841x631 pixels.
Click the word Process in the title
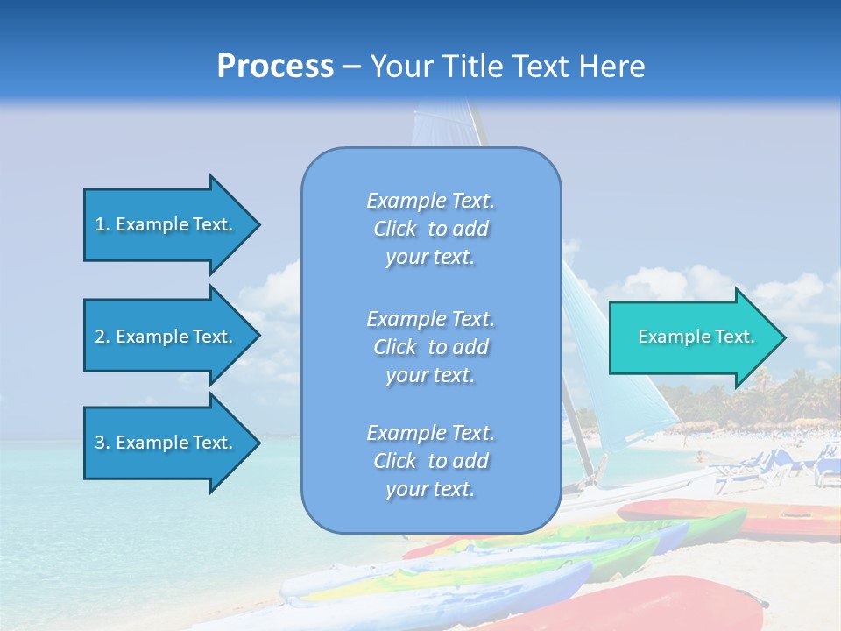pyautogui.click(x=275, y=66)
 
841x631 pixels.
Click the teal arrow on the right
pyautogui.click(x=692, y=337)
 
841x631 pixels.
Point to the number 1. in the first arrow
pyautogui.click(x=102, y=224)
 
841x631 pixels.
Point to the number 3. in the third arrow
pyautogui.click(x=102, y=443)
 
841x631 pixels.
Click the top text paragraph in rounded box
pyautogui.click(x=430, y=229)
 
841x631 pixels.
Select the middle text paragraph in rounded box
pyautogui.click(x=430, y=347)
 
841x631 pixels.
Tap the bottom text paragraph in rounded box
pyautogui.click(x=430, y=461)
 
